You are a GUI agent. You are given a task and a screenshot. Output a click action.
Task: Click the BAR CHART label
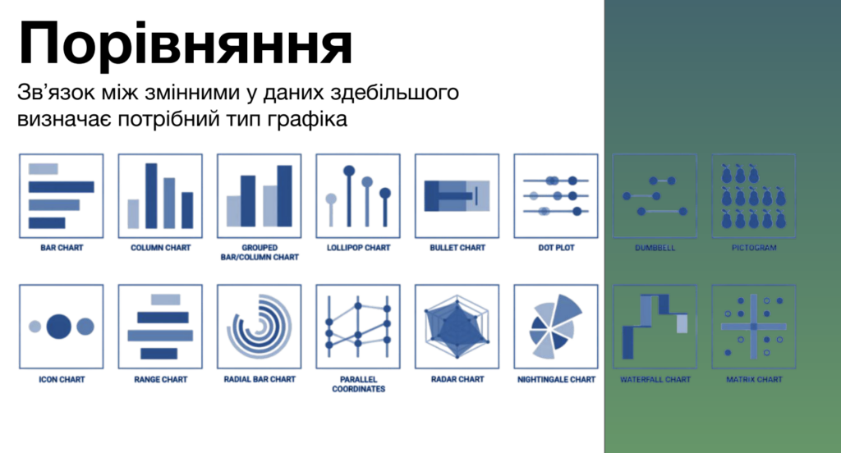pyautogui.click(x=62, y=248)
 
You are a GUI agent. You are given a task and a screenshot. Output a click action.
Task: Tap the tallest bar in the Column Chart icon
pyautogui.click(x=151, y=196)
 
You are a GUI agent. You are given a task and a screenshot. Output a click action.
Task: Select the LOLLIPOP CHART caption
pyautogui.click(x=358, y=248)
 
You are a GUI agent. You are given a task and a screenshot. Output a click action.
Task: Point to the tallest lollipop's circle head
pyautogui.click(x=349, y=171)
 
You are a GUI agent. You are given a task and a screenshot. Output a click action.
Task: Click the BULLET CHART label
pyautogui.click(x=457, y=248)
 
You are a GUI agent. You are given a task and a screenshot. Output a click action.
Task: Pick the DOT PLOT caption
pyautogui.click(x=556, y=248)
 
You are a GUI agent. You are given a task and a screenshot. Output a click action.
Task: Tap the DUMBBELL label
pyautogui.click(x=655, y=248)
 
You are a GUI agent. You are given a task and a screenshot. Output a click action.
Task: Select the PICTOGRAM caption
pyautogui.click(x=754, y=248)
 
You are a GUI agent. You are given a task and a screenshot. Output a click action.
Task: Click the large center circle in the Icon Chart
pyautogui.click(x=59, y=327)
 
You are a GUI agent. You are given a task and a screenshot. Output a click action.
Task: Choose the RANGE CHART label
pyautogui.click(x=161, y=380)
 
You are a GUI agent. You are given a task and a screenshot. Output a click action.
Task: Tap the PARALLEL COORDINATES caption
pyautogui.click(x=358, y=384)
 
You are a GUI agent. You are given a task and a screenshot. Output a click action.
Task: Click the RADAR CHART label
pyautogui.click(x=457, y=380)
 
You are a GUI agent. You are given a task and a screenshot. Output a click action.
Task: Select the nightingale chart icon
pyautogui.click(x=555, y=326)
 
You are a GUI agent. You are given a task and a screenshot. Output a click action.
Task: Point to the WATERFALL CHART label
pyautogui.click(x=655, y=380)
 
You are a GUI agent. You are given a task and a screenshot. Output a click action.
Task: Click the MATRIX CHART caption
pyautogui.click(x=754, y=380)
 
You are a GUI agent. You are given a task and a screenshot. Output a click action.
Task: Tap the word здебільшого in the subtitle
pyautogui.click(x=394, y=93)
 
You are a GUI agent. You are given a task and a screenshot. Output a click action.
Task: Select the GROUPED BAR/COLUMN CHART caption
pyautogui.click(x=260, y=253)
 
